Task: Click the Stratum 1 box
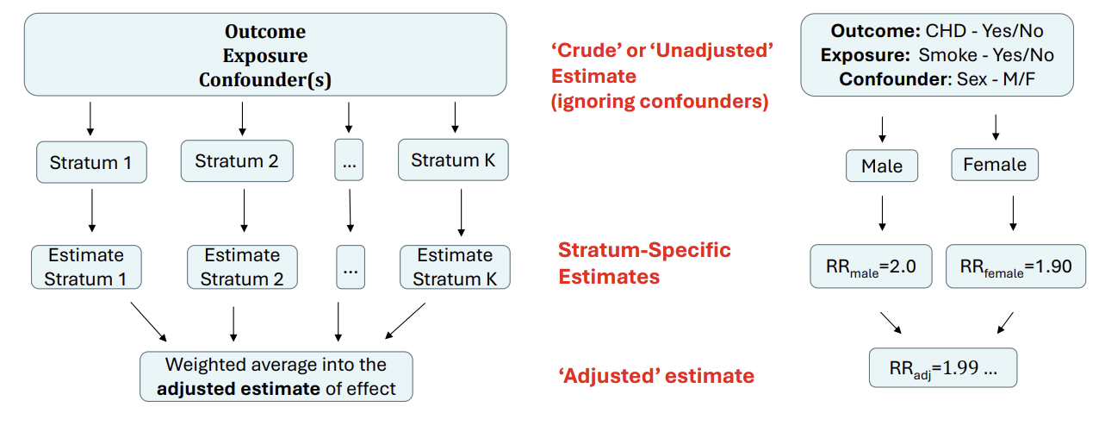[x=91, y=162]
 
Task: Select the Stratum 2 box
[x=237, y=161]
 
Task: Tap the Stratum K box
[x=453, y=160]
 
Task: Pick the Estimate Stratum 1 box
[x=86, y=266]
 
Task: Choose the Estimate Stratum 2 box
[x=242, y=266]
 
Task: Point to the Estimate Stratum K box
[x=455, y=266]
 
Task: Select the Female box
[x=995, y=165]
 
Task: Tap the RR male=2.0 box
[x=871, y=266]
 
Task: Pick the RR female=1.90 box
[x=1015, y=266]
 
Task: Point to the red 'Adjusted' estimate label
[x=656, y=376]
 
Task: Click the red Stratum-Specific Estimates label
[x=644, y=263]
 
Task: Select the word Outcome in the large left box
[x=265, y=32]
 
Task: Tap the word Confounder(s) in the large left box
[x=265, y=80]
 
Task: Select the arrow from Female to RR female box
[x=1013, y=214]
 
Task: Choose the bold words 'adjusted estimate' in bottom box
[x=238, y=388]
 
